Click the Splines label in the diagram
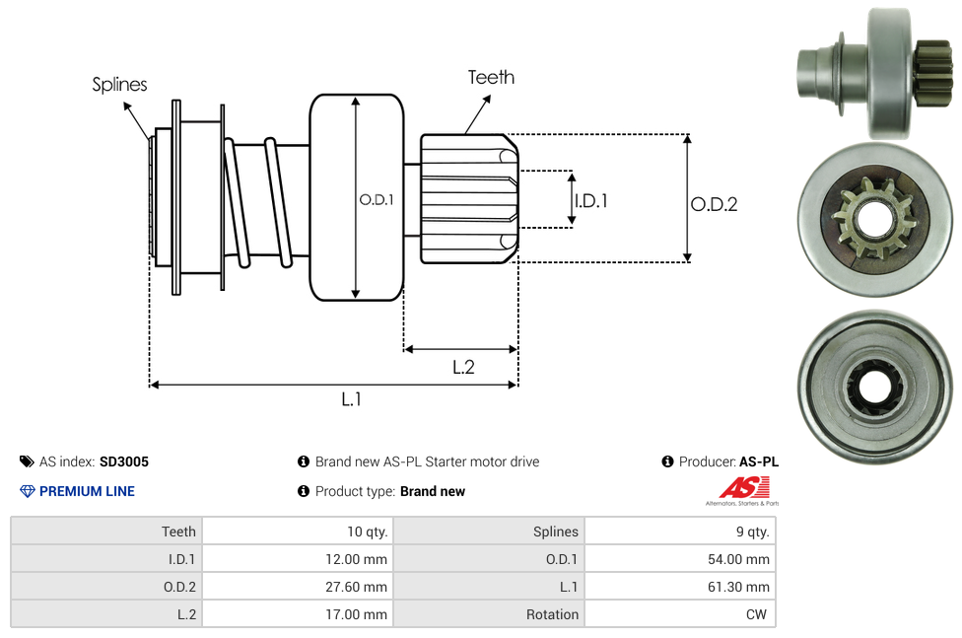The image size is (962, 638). coord(119,85)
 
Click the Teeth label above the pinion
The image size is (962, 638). coord(491,77)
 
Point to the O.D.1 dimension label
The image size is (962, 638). coord(377,199)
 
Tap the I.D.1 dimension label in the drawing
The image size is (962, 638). coord(590,200)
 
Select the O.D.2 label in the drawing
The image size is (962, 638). coord(714,204)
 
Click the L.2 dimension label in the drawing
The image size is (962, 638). coord(463,367)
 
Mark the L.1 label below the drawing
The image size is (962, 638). coord(352,398)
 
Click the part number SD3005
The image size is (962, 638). coord(124,461)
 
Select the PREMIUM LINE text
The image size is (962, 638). coord(87,491)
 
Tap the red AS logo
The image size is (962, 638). coord(743,487)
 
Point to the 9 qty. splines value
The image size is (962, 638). coord(750,532)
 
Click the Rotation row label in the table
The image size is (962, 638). coord(552,614)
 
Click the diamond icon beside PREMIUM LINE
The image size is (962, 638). coord(27,491)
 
